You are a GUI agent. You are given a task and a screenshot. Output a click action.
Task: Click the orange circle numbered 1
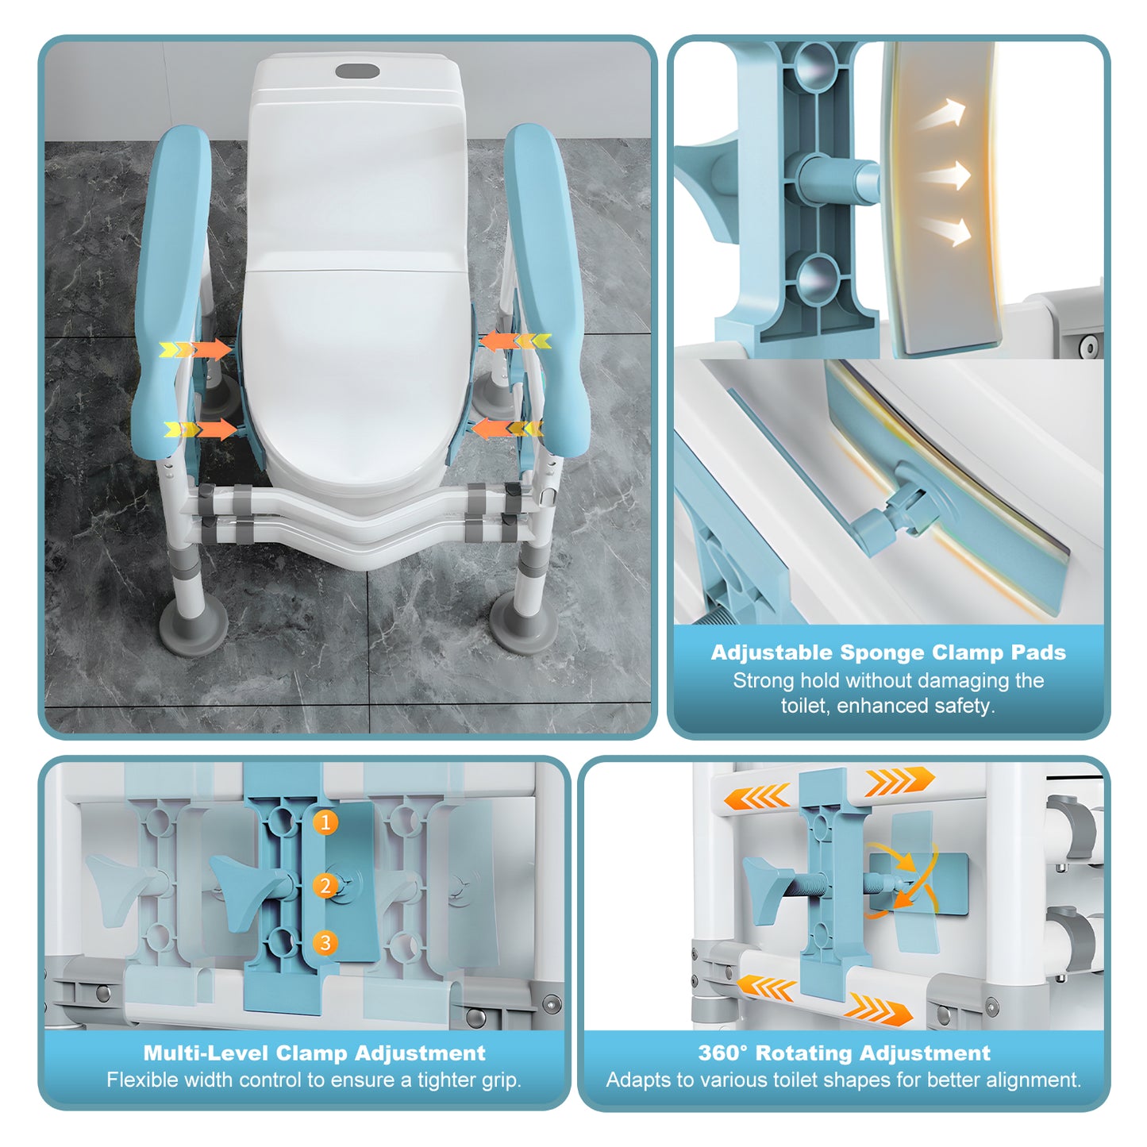(x=325, y=822)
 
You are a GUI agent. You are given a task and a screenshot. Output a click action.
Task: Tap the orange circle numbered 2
(x=325, y=885)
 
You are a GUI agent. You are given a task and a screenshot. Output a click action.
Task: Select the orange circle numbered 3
(x=325, y=943)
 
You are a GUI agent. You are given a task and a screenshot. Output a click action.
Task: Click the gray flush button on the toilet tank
(x=357, y=71)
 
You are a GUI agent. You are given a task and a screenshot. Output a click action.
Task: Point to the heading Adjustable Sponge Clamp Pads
(x=887, y=652)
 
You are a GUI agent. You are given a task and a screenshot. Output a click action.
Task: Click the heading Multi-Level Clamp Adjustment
(x=314, y=1053)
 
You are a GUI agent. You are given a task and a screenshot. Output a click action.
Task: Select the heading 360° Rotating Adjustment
(x=844, y=1053)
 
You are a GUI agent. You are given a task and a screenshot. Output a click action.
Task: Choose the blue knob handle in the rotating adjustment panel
(x=765, y=890)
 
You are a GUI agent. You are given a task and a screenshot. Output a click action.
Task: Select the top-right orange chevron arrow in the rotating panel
(x=898, y=781)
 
